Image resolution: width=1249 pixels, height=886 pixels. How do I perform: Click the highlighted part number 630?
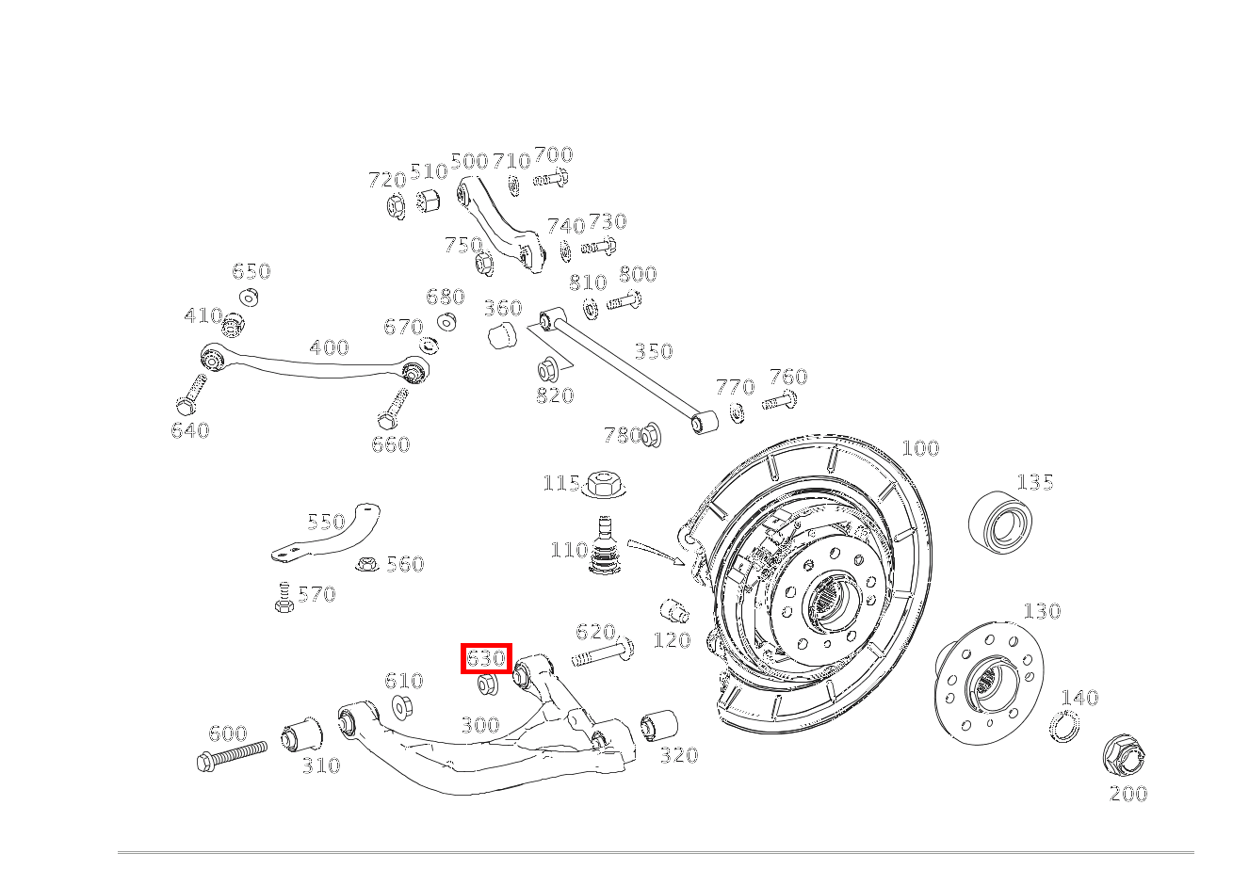486,658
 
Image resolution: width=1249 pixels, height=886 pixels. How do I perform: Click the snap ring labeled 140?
1063,726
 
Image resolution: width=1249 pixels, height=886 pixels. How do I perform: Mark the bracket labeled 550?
330,535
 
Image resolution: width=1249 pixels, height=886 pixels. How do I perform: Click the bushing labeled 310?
301,734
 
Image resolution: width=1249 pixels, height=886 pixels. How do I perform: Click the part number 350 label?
653,352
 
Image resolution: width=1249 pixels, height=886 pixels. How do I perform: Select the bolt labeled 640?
191,394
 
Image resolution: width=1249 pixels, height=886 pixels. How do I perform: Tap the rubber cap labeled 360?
502,334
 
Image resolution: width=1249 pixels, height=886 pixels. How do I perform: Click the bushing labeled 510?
429,201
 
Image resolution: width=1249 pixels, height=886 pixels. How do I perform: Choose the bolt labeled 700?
550,179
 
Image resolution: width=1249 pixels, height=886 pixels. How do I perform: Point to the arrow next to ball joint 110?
657,551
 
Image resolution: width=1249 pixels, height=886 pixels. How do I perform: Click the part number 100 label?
920,448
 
